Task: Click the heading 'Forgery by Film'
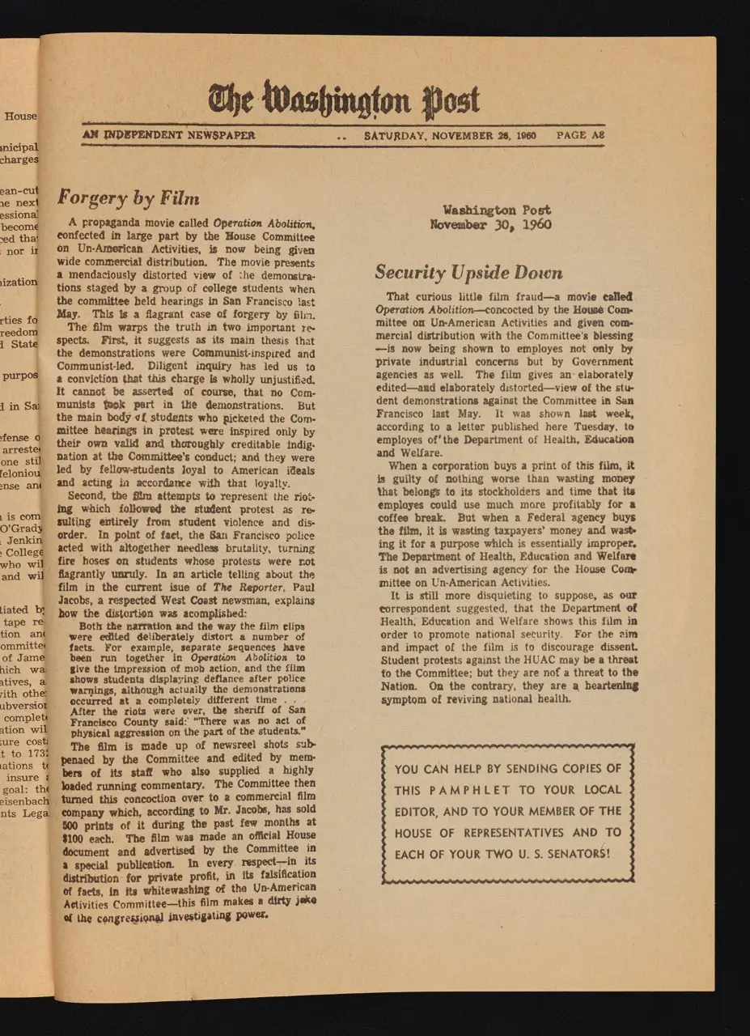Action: tap(128, 197)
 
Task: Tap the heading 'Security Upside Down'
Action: tap(468, 273)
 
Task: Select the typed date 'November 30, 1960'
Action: tap(490, 224)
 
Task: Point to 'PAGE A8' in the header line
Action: tap(580, 135)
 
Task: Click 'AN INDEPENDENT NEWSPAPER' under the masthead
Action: tap(168, 135)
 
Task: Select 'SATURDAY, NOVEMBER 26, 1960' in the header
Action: tap(451, 135)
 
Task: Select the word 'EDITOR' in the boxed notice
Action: tap(417, 811)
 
